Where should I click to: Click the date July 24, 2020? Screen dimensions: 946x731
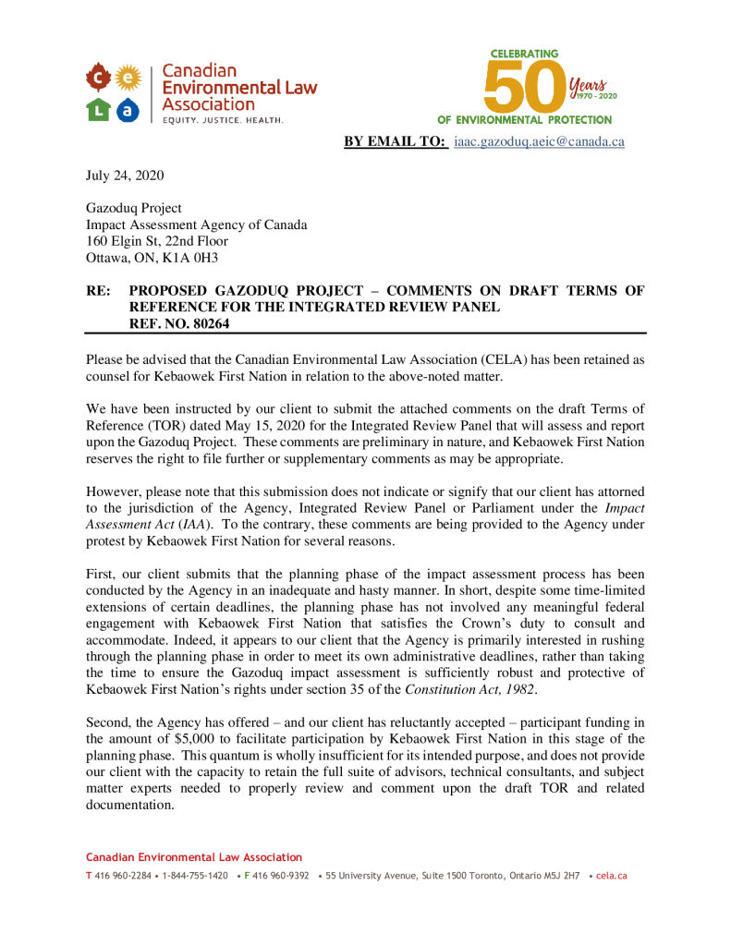click(125, 176)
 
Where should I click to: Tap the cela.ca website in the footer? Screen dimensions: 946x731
click(612, 875)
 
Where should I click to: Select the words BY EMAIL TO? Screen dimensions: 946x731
click(396, 141)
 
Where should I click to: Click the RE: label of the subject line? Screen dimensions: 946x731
click(99, 291)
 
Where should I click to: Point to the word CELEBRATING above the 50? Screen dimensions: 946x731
click(524, 55)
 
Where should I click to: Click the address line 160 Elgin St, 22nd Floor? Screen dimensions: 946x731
click(157, 241)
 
